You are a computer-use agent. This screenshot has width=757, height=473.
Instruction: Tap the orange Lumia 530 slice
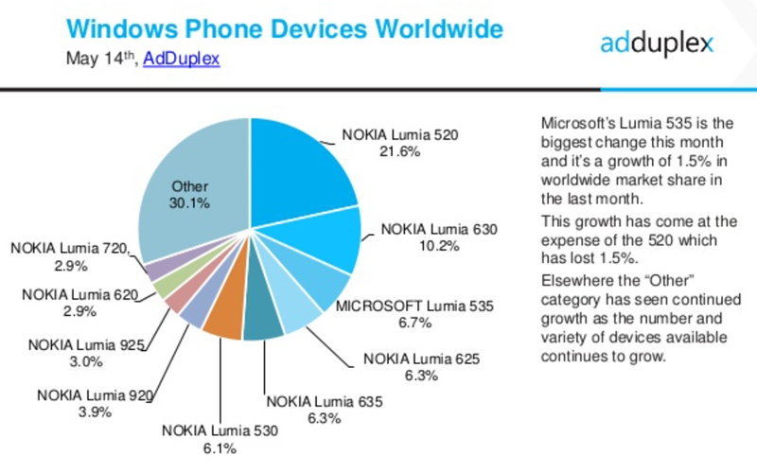[x=224, y=322]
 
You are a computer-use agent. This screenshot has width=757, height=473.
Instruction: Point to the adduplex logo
[x=657, y=43]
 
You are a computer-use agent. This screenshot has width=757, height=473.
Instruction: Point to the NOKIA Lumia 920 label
[x=94, y=394]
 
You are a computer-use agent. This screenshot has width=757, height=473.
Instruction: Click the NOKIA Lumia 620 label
[x=80, y=295]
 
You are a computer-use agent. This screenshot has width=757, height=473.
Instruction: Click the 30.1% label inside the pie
[x=190, y=202]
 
